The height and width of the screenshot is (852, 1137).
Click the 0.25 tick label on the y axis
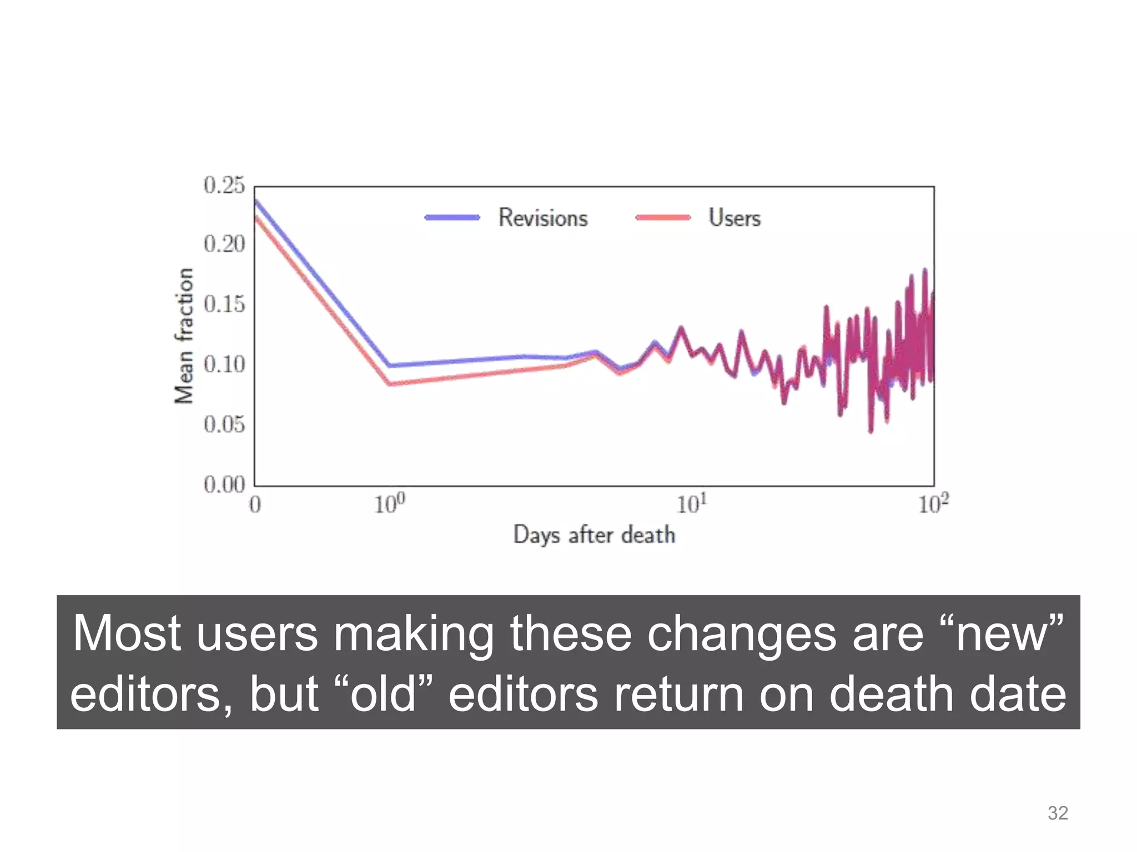tap(224, 185)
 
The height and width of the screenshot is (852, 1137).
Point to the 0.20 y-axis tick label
tap(224, 244)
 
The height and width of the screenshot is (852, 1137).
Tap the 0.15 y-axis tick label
tap(224, 305)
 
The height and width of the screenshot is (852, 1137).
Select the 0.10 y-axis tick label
tap(224, 364)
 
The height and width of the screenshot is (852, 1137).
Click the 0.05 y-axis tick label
tap(224, 424)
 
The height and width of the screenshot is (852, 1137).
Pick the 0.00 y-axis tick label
tap(224, 485)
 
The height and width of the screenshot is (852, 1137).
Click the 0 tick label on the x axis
tap(255, 505)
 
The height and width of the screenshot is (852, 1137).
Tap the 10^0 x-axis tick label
tap(389, 504)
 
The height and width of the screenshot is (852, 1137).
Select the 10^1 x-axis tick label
tap(691, 504)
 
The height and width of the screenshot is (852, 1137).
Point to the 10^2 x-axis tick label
tap(933, 504)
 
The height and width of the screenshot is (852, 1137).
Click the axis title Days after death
tap(594, 535)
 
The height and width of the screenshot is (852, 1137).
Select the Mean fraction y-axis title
tap(184, 336)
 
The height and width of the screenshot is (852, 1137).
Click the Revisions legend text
tap(542, 218)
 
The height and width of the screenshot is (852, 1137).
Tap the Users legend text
tap(734, 218)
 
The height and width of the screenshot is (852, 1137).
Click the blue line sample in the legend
tap(452, 218)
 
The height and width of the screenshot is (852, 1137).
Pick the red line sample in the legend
tap(663, 218)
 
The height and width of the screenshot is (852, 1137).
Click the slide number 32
tap(1057, 813)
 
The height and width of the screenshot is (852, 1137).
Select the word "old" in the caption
tap(384, 694)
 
